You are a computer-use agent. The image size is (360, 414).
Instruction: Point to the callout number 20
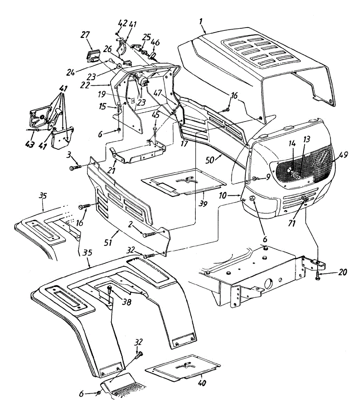[343, 272]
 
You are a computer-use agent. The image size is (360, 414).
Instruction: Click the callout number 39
[203, 204]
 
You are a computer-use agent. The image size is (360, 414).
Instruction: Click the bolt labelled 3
[76, 167]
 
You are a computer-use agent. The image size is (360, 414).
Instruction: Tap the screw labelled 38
[109, 290]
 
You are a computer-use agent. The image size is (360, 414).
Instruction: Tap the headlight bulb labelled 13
[296, 176]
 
